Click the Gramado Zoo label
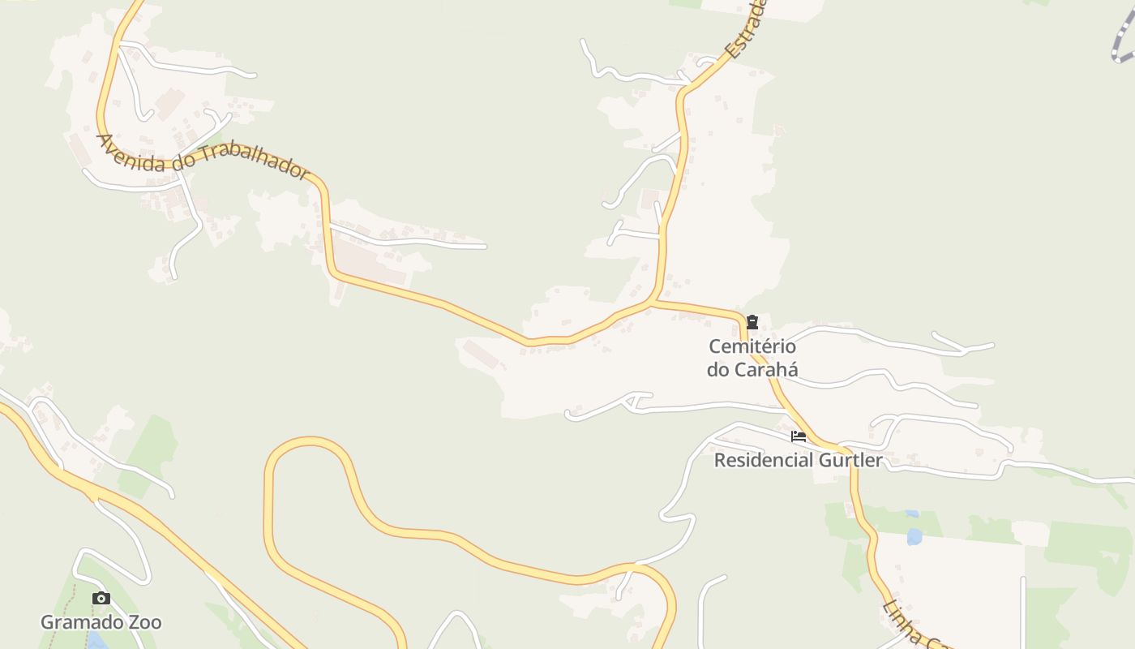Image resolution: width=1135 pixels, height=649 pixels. pyautogui.click(x=101, y=622)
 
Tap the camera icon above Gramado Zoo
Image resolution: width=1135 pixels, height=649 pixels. pyautogui.click(x=101, y=599)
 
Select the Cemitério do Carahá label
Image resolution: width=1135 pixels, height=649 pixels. pyautogui.click(x=752, y=358)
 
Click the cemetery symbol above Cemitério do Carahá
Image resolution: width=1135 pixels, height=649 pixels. pyautogui.click(x=752, y=322)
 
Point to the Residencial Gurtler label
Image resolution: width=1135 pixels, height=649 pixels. pyautogui.click(x=798, y=460)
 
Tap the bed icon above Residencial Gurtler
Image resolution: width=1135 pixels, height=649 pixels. pyautogui.click(x=799, y=436)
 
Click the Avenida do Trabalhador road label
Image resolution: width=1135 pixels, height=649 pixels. pyautogui.click(x=203, y=155)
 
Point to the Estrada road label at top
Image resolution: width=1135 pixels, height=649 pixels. pyautogui.click(x=746, y=28)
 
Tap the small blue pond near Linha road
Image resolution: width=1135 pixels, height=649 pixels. pyautogui.click(x=914, y=536)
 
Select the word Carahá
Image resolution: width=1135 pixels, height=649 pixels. pyautogui.click(x=764, y=370)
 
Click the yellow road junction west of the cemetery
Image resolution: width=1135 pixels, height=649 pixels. pyautogui.click(x=653, y=303)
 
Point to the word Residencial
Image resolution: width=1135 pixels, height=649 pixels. pyautogui.click(x=763, y=460)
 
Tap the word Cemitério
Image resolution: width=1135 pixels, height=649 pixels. pyautogui.click(x=752, y=346)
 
